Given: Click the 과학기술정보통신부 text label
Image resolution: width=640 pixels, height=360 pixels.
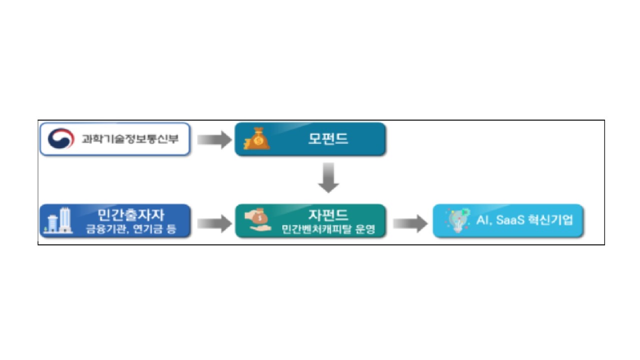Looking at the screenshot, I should (x=129, y=139).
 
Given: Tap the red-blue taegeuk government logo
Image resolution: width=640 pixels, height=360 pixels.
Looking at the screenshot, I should (x=61, y=139).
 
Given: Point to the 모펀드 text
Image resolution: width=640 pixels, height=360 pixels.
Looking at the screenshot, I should (x=327, y=139).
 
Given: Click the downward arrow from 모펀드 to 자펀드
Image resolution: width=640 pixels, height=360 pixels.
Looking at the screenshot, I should (x=328, y=177).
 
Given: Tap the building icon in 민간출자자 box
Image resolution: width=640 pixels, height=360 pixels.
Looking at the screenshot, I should (x=59, y=220).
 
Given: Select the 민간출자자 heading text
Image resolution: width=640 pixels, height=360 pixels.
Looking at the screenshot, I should (x=130, y=215).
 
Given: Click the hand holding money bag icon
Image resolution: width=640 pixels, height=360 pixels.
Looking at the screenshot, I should (x=256, y=220).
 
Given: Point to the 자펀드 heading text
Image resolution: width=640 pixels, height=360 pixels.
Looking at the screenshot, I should (x=328, y=215).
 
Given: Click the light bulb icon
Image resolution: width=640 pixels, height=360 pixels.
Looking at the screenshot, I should (x=456, y=220).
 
